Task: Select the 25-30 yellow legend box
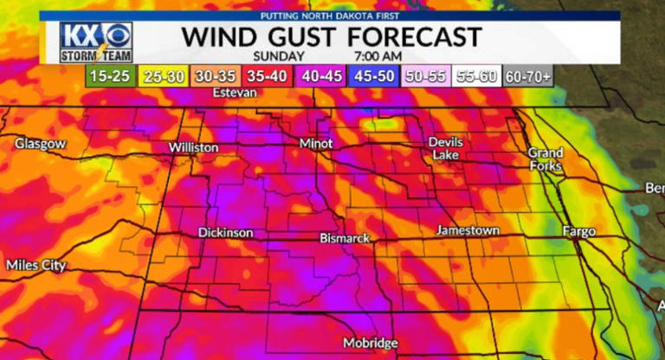point(165,76)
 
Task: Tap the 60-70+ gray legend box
point(529,76)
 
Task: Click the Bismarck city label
point(345,237)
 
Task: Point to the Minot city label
point(315,142)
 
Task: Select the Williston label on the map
point(193,148)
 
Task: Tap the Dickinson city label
point(225,233)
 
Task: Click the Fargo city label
point(578,232)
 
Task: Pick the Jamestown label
point(468,231)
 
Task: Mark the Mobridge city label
point(370,342)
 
